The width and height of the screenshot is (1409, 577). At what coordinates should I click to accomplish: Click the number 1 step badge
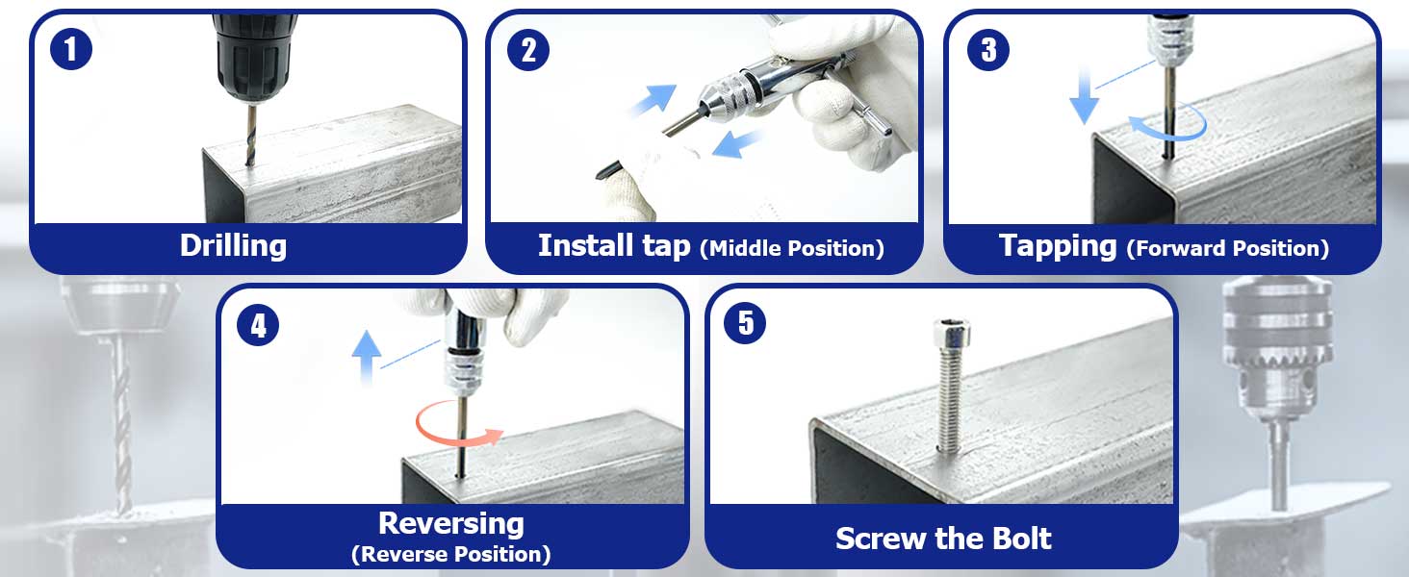point(71,48)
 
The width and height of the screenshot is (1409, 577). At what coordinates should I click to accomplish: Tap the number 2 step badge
point(528,49)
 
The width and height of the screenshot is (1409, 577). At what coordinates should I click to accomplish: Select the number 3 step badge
point(988,49)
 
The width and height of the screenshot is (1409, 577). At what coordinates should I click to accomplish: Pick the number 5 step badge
point(745,323)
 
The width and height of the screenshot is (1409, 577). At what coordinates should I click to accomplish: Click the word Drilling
point(233,245)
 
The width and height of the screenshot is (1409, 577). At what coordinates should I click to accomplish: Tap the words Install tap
point(614,245)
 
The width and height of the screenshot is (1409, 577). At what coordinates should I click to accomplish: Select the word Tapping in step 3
point(1058,245)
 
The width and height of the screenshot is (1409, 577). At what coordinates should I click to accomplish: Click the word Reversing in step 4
point(451,523)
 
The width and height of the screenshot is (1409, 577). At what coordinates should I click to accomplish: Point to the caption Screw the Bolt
point(943,538)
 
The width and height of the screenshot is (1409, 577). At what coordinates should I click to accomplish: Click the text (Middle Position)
point(792,248)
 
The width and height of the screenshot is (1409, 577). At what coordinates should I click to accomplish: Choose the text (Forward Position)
point(1228,248)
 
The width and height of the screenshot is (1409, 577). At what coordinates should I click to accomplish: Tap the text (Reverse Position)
point(451,554)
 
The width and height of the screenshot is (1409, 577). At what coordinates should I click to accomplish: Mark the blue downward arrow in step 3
point(1084,97)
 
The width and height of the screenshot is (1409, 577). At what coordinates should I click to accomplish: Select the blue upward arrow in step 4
point(366,357)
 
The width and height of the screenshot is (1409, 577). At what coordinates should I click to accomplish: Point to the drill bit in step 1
point(251,135)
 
